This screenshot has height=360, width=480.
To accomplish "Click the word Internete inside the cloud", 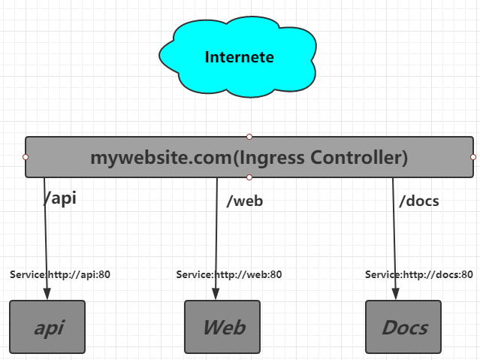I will click(x=239, y=57).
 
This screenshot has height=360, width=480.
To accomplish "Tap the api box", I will click(x=47, y=327).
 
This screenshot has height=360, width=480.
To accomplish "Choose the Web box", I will click(x=222, y=327).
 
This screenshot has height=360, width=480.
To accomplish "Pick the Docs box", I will click(x=403, y=327).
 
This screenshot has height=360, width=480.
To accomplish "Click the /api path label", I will click(x=61, y=198).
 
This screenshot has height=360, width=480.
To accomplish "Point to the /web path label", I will click(x=244, y=201).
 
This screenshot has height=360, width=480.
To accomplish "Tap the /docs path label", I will click(x=419, y=201).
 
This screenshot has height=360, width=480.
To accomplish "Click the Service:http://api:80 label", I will click(x=60, y=274).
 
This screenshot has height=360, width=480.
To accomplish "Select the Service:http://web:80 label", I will click(x=229, y=274).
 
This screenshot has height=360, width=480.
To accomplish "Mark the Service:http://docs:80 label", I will click(x=422, y=274).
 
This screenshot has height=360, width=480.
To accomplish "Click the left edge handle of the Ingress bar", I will click(x=26, y=157).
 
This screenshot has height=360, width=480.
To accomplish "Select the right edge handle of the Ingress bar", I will click(x=473, y=157).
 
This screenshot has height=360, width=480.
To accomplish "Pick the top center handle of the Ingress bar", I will click(x=249, y=137).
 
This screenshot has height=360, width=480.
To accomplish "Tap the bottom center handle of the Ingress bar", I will click(x=249, y=177).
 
